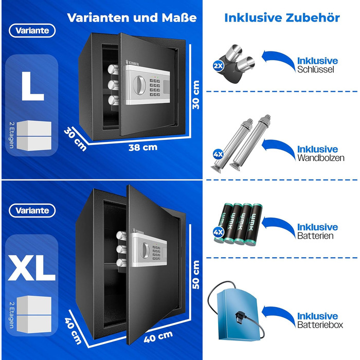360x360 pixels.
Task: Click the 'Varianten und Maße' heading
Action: [132, 17]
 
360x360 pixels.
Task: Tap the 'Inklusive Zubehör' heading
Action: [282, 17]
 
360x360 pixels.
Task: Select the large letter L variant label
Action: [32, 86]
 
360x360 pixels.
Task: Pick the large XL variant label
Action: [32, 268]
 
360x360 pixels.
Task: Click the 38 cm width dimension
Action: [143, 147]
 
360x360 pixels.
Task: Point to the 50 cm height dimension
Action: [196, 275]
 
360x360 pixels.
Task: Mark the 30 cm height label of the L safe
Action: [196, 95]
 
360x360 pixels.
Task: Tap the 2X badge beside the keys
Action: [218, 66]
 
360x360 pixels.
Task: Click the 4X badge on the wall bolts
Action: [218, 154]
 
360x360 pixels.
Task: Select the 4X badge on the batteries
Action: [218, 232]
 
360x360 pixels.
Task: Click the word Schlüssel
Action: [315, 69]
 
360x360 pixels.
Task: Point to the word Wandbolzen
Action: [321, 158]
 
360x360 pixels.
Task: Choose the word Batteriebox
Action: [320, 325]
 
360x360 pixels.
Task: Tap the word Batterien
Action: [315, 236]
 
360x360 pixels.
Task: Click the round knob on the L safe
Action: [139, 85]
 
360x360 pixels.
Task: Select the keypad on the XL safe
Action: [156, 253]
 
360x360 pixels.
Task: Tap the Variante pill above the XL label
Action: [32, 210]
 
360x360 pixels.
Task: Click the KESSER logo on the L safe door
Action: [132, 63]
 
